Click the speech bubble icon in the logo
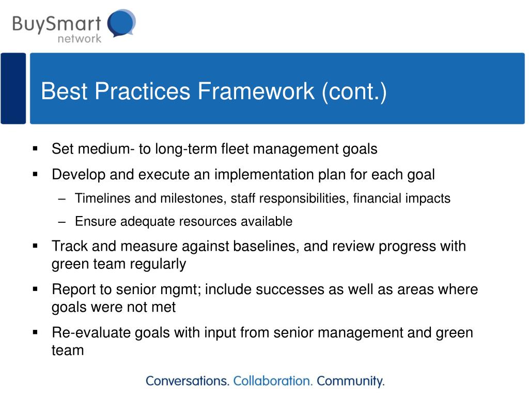pyautogui.click(x=121, y=23)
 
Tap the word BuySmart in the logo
pyautogui.click(x=57, y=24)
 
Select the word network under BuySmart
pyautogui.click(x=79, y=38)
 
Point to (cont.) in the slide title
pyautogui.click(x=354, y=91)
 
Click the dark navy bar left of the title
pyautogui.click(x=13, y=88)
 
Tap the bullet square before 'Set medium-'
pyautogui.click(x=35, y=148)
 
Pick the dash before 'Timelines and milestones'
pyautogui.click(x=61, y=198)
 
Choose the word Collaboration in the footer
pyautogui.click(x=273, y=381)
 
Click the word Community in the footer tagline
pyautogui.click(x=351, y=381)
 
